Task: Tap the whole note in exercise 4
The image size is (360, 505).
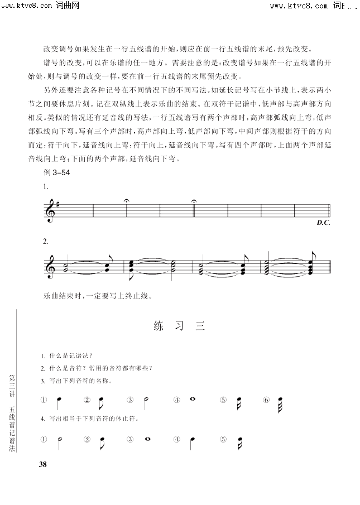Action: (148, 438)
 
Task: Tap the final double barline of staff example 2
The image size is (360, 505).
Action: (330, 266)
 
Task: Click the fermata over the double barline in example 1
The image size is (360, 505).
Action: (194, 201)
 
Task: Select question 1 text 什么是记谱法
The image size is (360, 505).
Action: (66, 356)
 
